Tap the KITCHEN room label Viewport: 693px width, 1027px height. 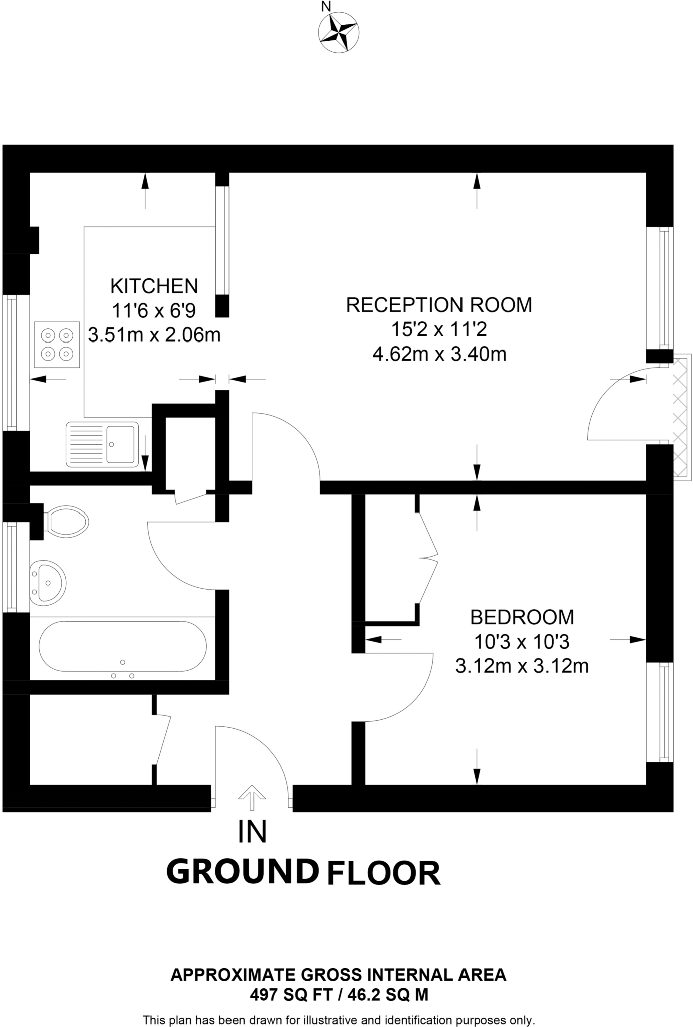[x=154, y=286]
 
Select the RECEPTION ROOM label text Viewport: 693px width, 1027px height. [x=439, y=305]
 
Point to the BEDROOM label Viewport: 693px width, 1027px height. [x=522, y=617]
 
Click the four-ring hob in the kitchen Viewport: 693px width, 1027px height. [x=57, y=345]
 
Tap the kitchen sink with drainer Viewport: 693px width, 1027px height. [x=102, y=444]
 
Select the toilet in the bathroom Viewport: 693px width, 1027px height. [x=66, y=522]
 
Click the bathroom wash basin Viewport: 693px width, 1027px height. [x=48, y=583]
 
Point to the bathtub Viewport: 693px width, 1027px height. [x=122, y=646]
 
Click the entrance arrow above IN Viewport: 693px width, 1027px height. [x=252, y=797]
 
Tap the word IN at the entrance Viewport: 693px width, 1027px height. [x=252, y=832]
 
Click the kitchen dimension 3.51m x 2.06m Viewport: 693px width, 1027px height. [x=154, y=334]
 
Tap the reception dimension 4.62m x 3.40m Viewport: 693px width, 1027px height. [x=439, y=354]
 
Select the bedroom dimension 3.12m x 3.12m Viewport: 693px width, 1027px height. [x=522, y=666]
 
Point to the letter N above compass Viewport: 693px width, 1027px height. [x=326, y=7]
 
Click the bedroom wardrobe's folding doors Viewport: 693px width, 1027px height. [x=429, y=557]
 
